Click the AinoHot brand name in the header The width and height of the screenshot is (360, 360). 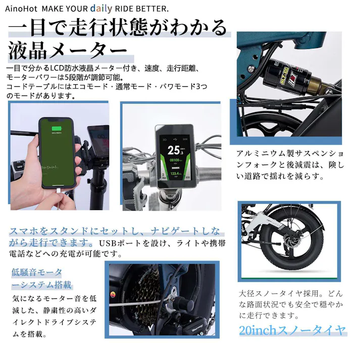click(21, 9)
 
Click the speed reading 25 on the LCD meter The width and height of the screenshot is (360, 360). click(173, 149)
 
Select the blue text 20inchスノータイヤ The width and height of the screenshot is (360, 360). click(293, 331)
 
